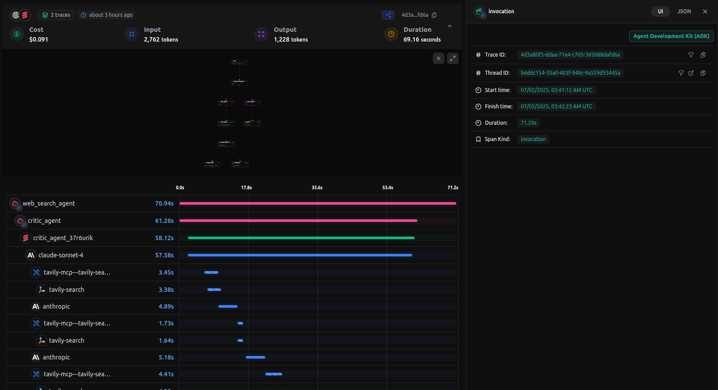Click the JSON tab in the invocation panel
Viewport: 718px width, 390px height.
[x=684, y=11]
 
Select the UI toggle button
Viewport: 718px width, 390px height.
[x=660, y=11]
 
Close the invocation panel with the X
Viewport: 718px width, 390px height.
[x=705, y=11]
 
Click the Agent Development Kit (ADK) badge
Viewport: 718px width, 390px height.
[x=671, y=36]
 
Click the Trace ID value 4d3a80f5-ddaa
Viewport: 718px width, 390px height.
[x=570, y=55]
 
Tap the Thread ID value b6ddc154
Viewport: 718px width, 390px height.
[x=570, y=73]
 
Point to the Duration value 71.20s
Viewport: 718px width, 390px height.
[x=528, y=123]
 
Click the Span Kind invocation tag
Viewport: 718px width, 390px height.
[x=533, y=139]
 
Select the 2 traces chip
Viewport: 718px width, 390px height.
[x=56, y=15]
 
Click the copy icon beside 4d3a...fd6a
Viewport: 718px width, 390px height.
[x=434, y=15]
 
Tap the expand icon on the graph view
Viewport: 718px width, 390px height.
[x=452, y=58]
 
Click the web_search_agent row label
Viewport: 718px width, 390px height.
[x=49, y=203]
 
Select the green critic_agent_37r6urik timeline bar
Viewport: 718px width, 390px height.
[x=301, y=238]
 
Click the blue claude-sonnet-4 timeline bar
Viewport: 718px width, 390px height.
[x=300, y=255]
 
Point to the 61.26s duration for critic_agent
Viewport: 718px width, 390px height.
[x=164, y=221]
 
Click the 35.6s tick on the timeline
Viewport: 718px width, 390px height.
[x=317, y=187]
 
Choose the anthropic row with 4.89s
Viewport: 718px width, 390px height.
[x=56, y=306]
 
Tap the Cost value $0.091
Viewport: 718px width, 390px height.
[x=38, y=39]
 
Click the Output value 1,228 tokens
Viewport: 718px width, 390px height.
[x=290, y=39]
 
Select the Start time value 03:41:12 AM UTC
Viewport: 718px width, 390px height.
[x=556, y=90]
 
